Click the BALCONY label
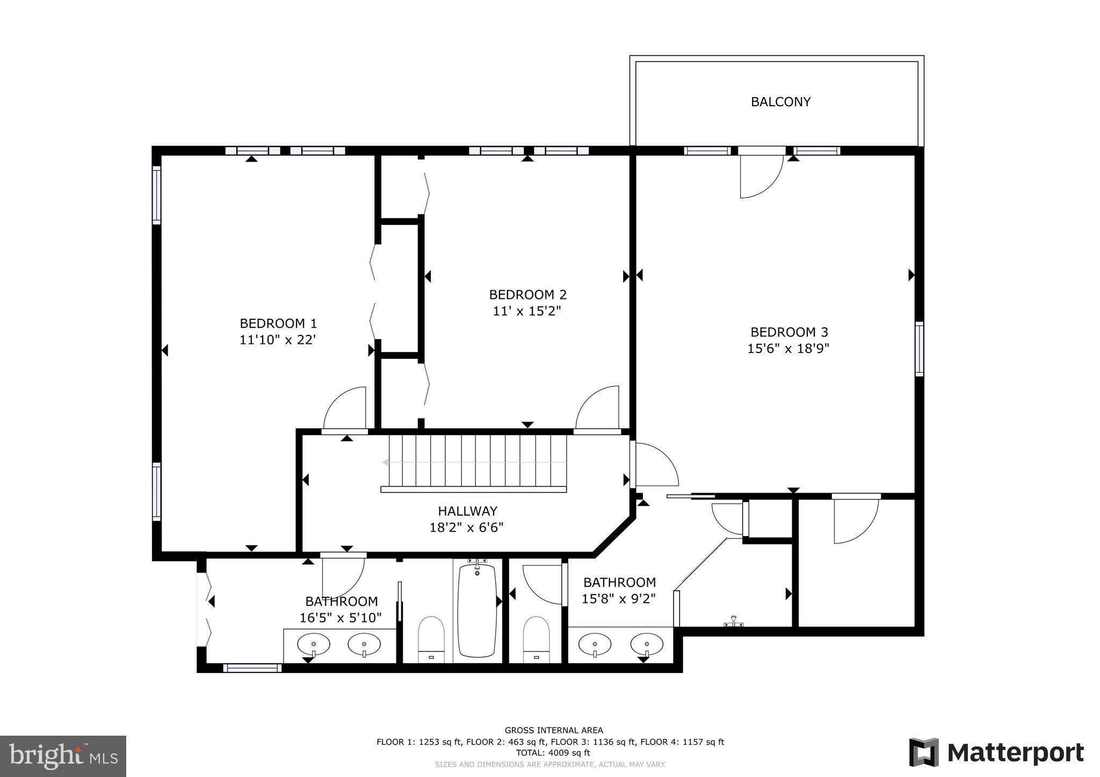pos(780,102)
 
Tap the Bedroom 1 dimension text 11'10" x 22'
pos(277,340)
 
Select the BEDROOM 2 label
pos(527,295)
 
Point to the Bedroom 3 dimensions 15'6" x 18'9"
pos(788,349)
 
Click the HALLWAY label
pos(467,511)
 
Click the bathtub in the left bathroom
pos(476,610)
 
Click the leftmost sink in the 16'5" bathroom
pos(313,644)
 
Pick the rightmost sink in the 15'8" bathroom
pos(647,644)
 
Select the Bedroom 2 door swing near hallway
pos(597,408)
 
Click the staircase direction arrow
pos(386,462)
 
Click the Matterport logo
pos(996,752)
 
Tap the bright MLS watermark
pos(63,756)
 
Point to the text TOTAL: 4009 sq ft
pos(553,753)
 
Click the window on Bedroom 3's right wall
pos(919,349)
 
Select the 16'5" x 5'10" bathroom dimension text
pos(341,618)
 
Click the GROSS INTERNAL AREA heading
pos(553,730)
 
